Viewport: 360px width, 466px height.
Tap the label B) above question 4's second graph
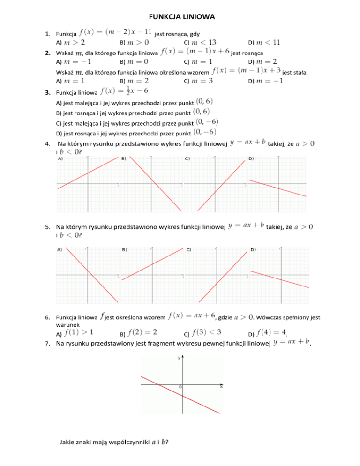pyautogui.click(x=124, y=158)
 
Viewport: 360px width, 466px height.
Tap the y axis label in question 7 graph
pyautogui.click(x=179, y=358)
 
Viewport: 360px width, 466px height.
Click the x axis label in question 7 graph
pyautogui.click(x=221, y=387)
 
